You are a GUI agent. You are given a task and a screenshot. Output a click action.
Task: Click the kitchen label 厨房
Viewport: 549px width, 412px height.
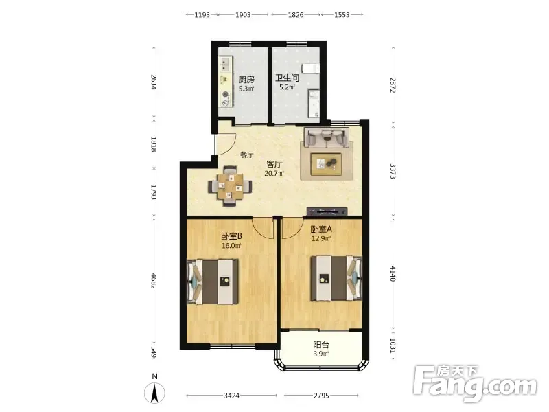point(246,80)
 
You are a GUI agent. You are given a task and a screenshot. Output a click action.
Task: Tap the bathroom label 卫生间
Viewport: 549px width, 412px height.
point(287,78)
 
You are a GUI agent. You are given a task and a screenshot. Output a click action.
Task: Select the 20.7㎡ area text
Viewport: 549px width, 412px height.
point(274,173)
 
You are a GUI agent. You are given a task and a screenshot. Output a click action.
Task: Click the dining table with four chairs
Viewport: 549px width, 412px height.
point(230,186)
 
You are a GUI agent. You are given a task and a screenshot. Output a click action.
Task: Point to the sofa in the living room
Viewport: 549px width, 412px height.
point(327,137)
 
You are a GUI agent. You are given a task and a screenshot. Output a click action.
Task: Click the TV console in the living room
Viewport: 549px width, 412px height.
point(327,211)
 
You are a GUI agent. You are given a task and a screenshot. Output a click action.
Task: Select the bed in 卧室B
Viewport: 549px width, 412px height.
point(213,282)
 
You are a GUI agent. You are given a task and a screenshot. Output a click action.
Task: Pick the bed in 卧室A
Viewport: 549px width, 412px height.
point(336,278)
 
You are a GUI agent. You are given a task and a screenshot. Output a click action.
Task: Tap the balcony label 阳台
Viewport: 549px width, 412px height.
point(321,345)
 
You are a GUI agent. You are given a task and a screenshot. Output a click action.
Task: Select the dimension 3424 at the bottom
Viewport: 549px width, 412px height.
point(231,396)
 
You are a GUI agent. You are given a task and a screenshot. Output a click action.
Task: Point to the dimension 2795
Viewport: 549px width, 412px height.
point(321,396)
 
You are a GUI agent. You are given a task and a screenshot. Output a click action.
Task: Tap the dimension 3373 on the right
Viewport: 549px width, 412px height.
point(393,171)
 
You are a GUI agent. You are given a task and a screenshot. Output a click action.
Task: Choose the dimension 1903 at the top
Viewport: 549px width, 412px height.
point(243,14)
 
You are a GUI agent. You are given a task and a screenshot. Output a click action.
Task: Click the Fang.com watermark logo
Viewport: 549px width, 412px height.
point(475,384)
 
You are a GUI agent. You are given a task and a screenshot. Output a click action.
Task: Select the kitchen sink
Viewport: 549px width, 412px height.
point(224,65)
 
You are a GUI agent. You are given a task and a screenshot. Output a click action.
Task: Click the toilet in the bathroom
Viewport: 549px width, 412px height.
point(312,69)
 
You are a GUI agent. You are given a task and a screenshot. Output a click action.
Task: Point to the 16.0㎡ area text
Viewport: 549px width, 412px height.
point(231,246)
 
